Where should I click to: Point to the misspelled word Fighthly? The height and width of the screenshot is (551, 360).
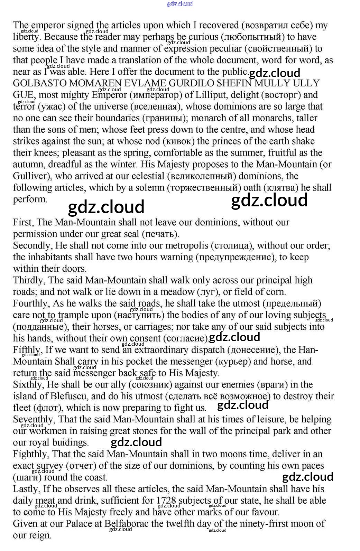point(30,454)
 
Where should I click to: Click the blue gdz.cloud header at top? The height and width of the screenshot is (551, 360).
point(180,4)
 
